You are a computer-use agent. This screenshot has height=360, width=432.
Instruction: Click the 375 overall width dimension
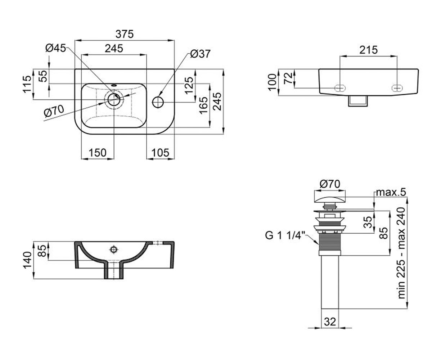point(124,34)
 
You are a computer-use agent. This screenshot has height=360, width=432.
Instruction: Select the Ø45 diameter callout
point(56,48)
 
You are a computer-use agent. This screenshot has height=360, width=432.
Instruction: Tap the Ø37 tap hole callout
point(200,54)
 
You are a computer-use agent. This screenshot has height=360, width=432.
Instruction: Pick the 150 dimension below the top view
point(98,153)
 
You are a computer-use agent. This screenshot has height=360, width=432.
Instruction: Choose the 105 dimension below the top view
point(160,153)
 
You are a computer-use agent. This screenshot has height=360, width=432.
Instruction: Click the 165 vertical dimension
point(204,105)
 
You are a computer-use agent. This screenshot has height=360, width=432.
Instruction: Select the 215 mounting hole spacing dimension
point(369,50)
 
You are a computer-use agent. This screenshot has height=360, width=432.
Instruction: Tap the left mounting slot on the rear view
point(340,88)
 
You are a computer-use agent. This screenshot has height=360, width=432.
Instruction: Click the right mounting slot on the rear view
point(397,88)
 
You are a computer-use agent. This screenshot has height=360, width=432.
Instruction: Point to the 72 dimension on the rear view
point(288,78)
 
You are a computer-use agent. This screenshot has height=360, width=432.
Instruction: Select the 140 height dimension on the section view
point(27,260)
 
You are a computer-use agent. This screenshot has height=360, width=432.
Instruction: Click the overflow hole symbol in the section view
point(113,249)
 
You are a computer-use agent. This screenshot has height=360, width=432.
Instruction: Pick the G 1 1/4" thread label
point(285,236)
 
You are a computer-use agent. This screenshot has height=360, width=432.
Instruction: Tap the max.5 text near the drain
point(391,192)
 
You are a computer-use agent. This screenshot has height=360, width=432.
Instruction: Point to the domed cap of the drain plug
point(330,200)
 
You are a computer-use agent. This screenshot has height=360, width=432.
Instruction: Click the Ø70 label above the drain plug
point(330,184)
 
